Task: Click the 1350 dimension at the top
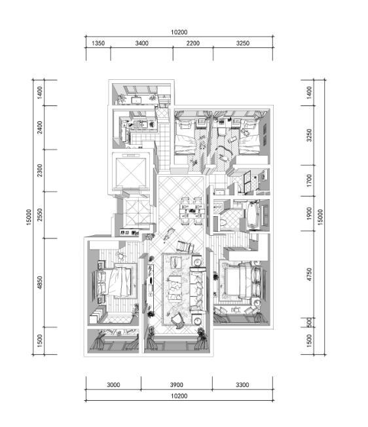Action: click(98, 43)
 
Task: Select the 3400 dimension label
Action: click(141, 43)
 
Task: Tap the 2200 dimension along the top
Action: click(193, 43)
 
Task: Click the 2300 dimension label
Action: click(40, 170)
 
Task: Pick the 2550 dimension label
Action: click(40, 215)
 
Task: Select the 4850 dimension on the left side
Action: click(40, 283)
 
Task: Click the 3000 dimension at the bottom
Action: click(113, 385)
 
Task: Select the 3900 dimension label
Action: click(176, 385)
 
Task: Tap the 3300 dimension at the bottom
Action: click(242, 385)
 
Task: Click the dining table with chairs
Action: click(192, 210)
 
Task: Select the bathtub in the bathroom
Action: click(254, 215)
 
